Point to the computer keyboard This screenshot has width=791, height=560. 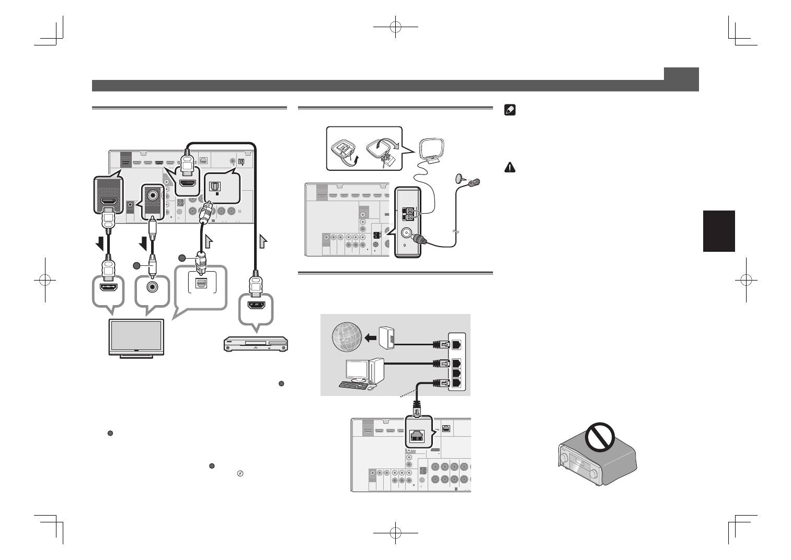(x=353, y=385)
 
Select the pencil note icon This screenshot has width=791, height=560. (x=510, y=110)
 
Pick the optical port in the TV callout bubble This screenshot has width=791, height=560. (x=200, y=283)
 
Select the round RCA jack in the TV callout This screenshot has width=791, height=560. (x=152, y=287)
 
